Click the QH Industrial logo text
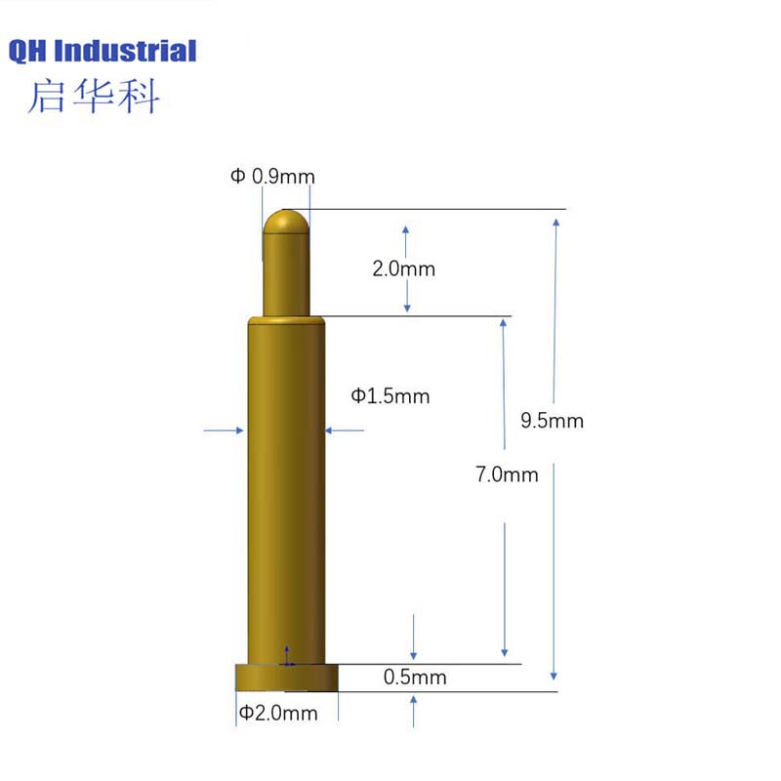(103, 51)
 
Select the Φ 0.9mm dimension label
(272, 177)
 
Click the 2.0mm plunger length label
(403, 268)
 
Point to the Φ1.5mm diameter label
(390, 395)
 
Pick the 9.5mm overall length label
(552, 421)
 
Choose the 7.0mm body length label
(507, 475)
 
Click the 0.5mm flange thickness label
(415, 677)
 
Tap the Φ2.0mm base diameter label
(279, 713)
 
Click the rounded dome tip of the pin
(286, 223)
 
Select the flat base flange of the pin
(286, 678)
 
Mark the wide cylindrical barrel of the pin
(285, 488)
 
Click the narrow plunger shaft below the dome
(286, 278)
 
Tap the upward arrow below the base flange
(415, 710)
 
